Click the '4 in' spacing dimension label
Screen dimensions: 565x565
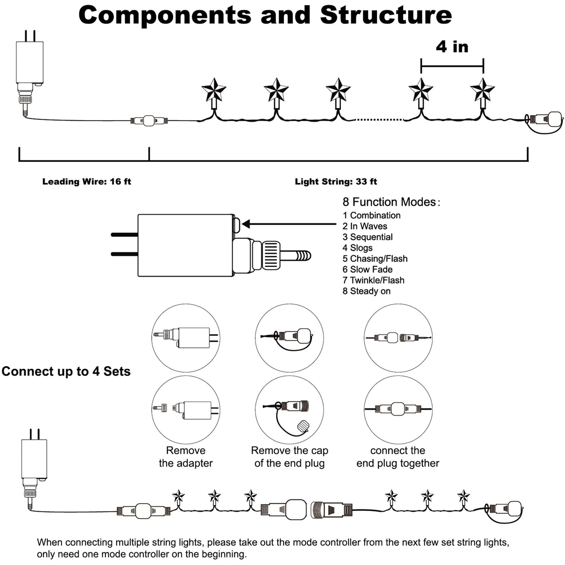(452, 47)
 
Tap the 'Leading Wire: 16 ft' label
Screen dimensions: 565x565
(86, 181)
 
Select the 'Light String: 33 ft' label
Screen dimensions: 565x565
(336, 181)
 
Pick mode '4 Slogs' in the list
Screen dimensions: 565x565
(357, 248)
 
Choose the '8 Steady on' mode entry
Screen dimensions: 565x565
(366, 291)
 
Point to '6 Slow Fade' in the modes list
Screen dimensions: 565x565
(368, 269)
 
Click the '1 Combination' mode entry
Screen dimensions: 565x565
(371, 215)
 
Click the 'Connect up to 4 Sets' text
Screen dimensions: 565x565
(66, 371)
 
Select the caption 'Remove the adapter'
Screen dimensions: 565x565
(186, 457)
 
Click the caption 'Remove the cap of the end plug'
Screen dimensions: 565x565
(289, 457)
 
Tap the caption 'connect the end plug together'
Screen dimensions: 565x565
(398, 457)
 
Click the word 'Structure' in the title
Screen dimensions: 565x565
(386, 15)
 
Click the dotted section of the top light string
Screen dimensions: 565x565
(379, 120)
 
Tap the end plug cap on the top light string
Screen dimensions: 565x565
(553, 119)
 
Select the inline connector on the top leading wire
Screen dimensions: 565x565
(149, 120)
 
